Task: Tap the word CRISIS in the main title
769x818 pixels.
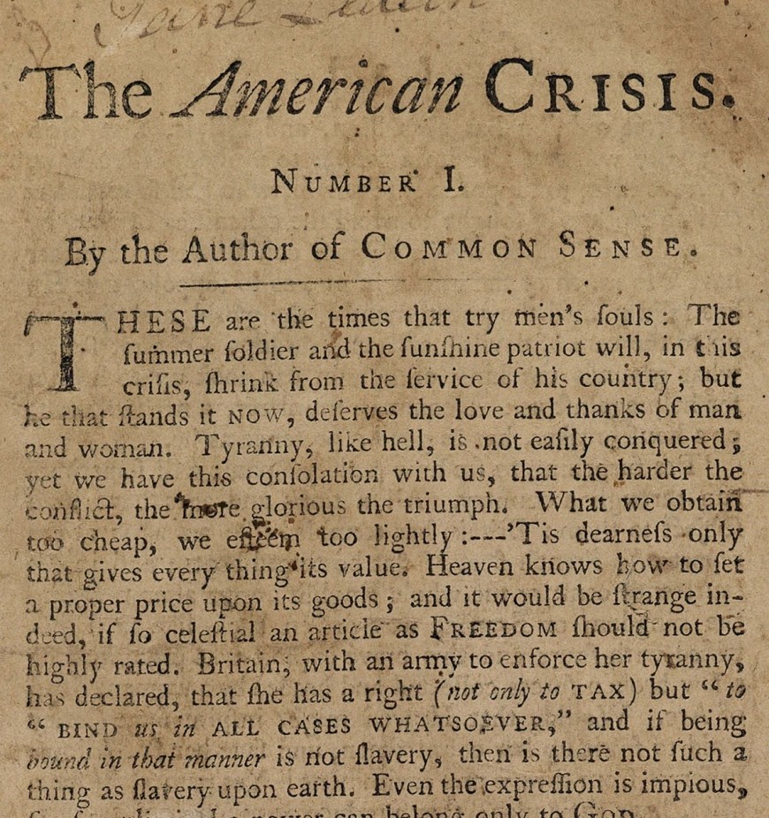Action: [610, 88]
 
